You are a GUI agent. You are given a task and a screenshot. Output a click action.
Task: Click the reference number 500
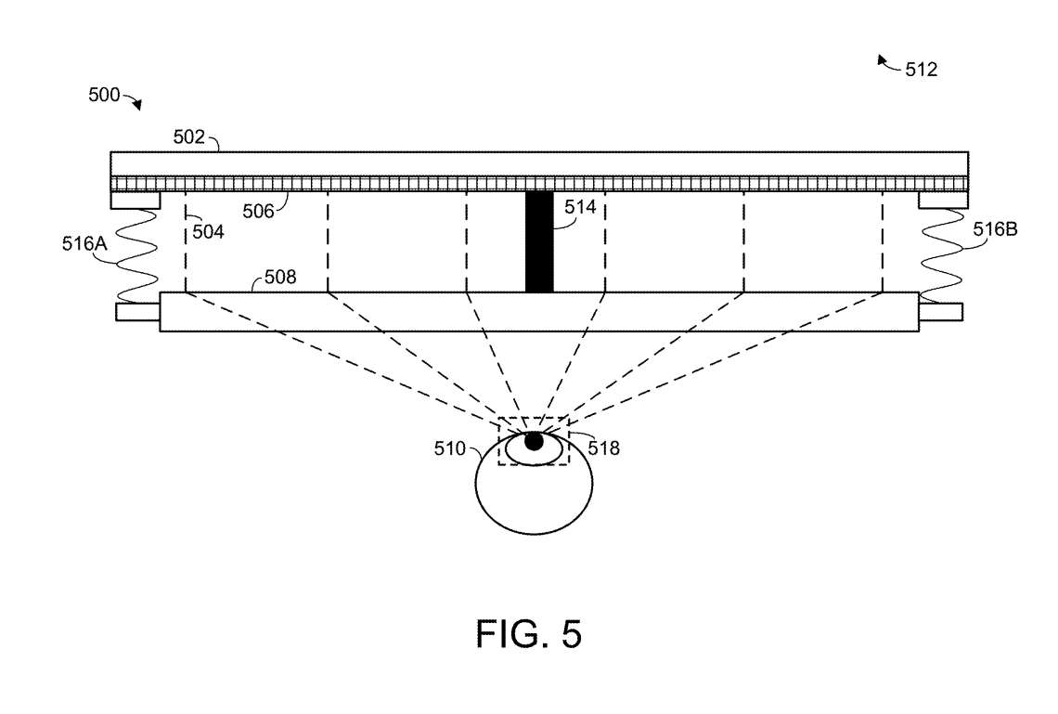click(104, 95)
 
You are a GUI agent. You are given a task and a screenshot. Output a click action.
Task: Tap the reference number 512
click(921, 69)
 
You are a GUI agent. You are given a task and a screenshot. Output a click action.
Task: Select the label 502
click(189, 137)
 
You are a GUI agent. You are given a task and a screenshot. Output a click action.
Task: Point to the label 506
click(259, 211)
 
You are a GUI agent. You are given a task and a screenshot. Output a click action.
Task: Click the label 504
click(209, 232)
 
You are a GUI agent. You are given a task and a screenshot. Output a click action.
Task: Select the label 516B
click(995, 229)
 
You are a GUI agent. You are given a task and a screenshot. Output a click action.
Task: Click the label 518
click(604, 448)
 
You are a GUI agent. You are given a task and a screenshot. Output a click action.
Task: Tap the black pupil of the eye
click(534, 442)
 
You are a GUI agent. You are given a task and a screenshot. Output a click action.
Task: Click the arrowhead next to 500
click(137, 106)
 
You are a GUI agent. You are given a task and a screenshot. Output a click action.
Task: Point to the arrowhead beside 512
click(882, 60)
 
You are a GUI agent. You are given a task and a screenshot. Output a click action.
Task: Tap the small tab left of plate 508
click(137, 312)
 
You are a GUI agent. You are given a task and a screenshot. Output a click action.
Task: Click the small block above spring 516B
click(943, 200)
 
